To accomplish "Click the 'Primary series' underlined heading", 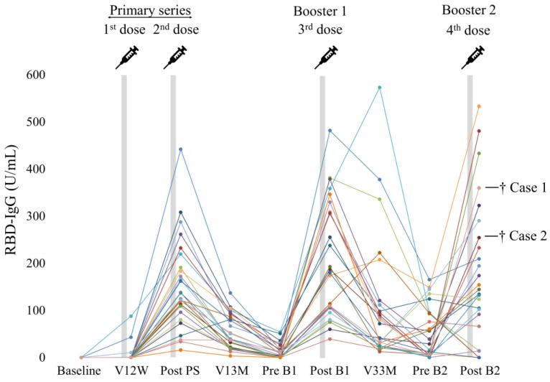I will click(x=149, y=11).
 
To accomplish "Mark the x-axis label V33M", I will click(x=371, y=372).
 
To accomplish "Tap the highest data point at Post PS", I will click(x=181, y=149).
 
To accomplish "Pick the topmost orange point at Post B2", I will click(x=479, y=106).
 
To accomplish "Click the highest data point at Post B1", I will click(x=330, y=131).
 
